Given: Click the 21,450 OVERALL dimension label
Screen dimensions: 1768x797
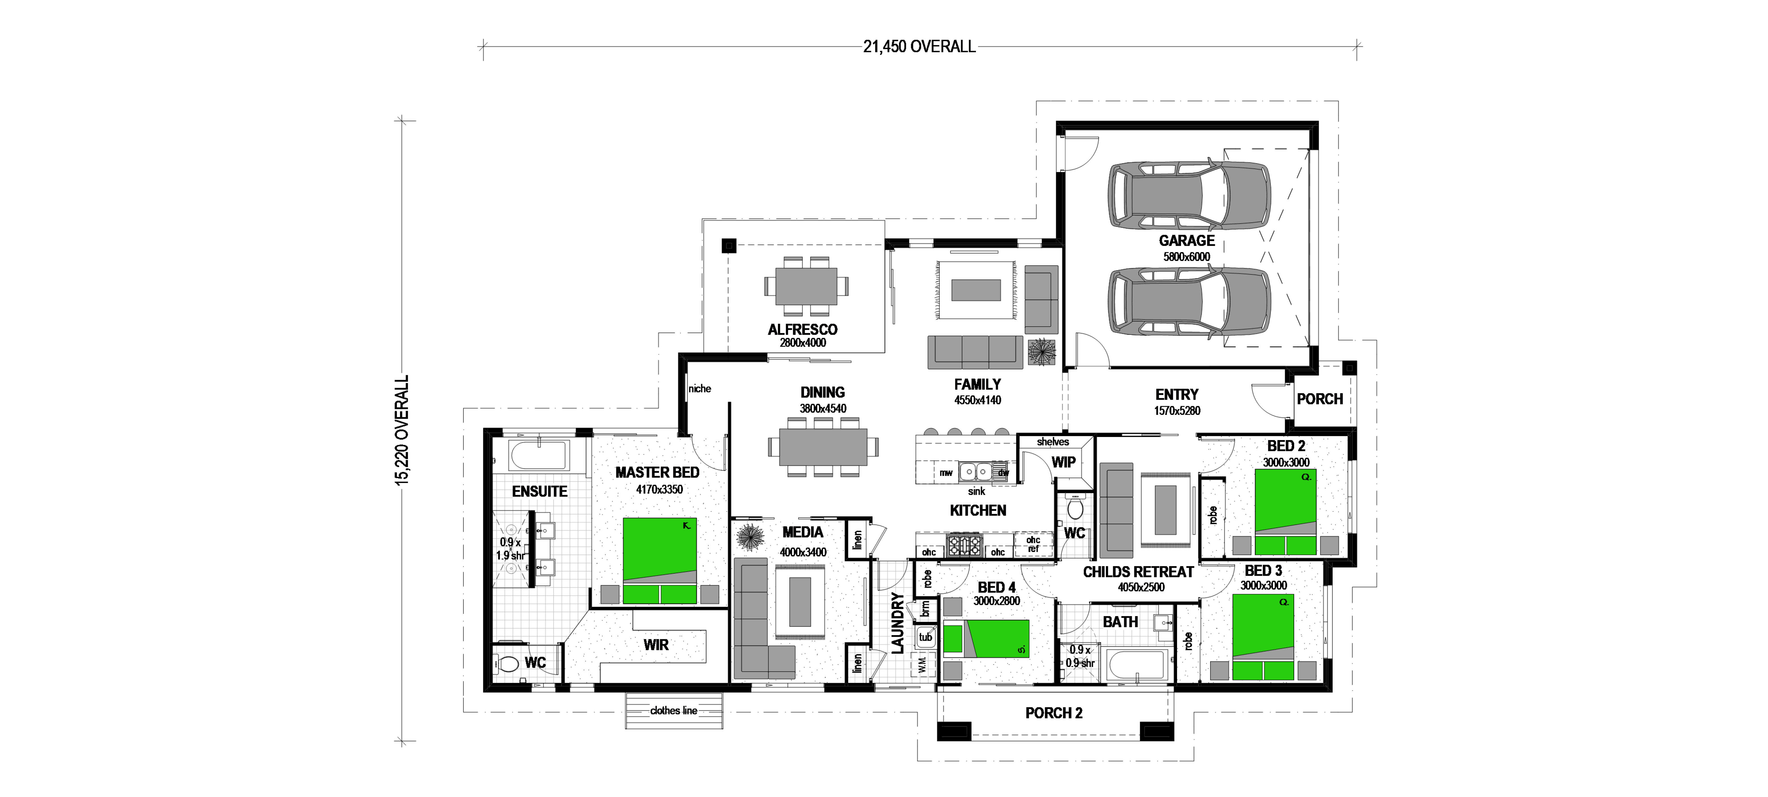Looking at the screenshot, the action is point(919,47).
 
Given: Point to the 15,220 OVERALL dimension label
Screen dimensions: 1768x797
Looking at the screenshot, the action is point(402,430).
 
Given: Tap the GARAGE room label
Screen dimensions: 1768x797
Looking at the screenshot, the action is point(1187,240).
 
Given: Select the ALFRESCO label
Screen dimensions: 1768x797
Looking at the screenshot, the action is point(802,329).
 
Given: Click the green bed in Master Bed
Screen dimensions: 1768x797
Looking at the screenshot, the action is point(660,560).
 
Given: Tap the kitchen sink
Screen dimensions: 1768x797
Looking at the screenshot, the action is point(975,472).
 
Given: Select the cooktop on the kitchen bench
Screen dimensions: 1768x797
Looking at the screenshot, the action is point(964,545).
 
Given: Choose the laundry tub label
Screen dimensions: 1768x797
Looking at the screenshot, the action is point(925,637).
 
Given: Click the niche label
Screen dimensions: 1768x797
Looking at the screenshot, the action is point(699,389).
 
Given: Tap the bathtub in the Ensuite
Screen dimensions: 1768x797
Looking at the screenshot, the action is point(539,457).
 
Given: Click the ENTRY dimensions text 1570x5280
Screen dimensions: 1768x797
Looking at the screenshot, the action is point(1177,410).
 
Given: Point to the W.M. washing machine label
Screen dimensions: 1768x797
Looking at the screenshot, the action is point(922,665).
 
